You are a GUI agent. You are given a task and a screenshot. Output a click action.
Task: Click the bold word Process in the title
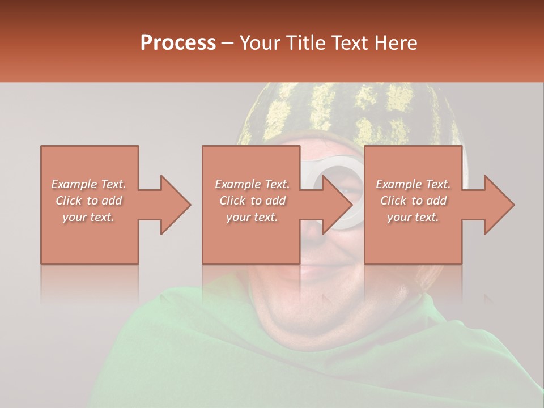point(178,43)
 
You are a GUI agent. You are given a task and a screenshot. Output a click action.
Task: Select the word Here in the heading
point(396,43)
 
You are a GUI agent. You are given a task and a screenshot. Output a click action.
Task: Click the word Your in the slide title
point(258,43)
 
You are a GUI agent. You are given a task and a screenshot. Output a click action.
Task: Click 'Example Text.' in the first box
point(88,184)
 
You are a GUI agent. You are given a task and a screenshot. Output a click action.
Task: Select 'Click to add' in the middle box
point(252,201)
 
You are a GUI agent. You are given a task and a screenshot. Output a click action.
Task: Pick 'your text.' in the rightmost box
point(413,217)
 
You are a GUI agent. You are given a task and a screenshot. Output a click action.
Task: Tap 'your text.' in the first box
point(88,217)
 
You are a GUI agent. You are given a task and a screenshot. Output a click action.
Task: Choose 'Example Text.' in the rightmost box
point(413,184)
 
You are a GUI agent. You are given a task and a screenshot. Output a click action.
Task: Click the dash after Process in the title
point(228,43)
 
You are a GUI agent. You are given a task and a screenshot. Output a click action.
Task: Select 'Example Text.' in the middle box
point(252,184)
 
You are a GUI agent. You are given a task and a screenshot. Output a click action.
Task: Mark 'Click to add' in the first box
point(88,201)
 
